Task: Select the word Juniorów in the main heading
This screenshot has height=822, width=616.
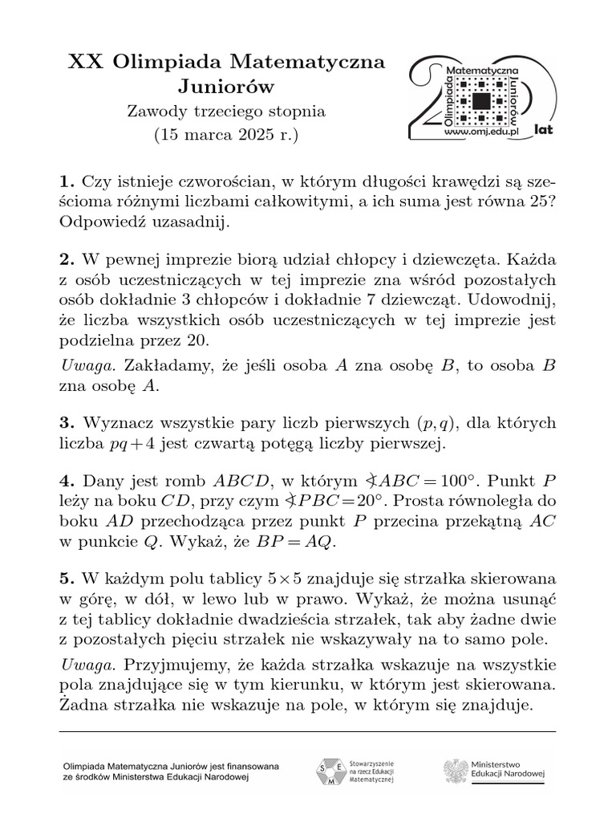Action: click(225, 86)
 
